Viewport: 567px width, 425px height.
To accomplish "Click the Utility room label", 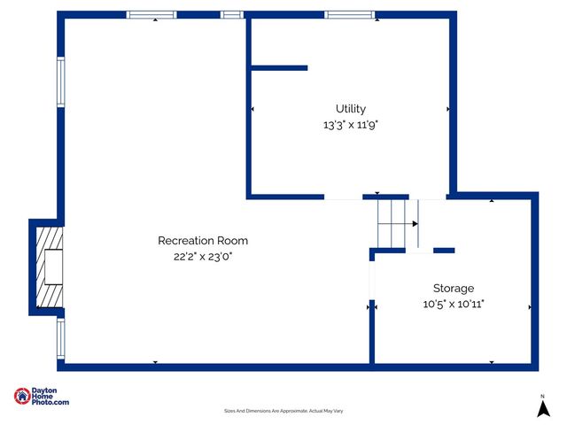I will coord(350,109).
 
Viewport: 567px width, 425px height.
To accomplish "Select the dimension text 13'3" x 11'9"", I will coord(350,125).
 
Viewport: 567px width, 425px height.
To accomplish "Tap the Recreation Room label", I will coord(203,241).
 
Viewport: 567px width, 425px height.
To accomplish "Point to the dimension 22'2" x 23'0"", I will coord(203,257).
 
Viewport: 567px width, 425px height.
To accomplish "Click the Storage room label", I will coord(453,289).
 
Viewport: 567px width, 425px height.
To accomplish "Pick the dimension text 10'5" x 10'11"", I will coord(453,305).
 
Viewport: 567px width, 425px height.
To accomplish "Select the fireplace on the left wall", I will coord(49,266).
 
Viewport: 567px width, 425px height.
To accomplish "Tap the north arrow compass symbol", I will coord(543,406).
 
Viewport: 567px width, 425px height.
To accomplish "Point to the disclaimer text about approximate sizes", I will coord(283,411).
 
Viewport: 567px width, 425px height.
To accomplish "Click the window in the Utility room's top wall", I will coord(349,14).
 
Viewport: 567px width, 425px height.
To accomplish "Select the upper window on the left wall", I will coord(61,81).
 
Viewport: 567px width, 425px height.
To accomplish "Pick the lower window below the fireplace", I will coord(61,338).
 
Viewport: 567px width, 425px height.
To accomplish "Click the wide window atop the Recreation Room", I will coord(151,14).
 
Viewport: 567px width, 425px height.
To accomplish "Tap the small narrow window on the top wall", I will coord(231,14).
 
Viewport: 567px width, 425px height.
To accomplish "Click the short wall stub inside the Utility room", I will coord(278,67).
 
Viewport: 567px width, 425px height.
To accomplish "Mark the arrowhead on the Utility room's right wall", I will coord(448,109).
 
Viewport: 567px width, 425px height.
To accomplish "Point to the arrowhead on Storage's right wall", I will coord(529,307).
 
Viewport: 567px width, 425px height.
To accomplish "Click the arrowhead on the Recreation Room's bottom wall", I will coord(155,362).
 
